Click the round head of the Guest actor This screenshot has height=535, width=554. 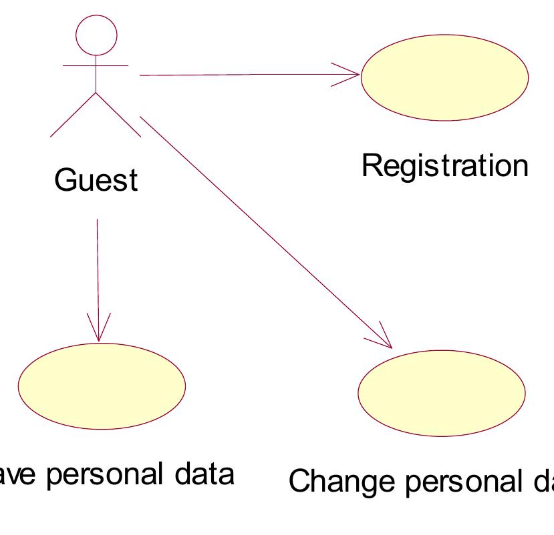97,33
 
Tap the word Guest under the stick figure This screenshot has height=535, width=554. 97,179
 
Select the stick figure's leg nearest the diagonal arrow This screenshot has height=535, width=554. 119,115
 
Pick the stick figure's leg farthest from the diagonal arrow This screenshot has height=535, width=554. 73,115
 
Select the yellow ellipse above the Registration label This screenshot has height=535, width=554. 444,77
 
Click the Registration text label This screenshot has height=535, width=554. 444,166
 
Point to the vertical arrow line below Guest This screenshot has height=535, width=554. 98,267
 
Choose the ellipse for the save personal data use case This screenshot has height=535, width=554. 101,385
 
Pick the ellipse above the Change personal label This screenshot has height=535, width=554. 442,394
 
